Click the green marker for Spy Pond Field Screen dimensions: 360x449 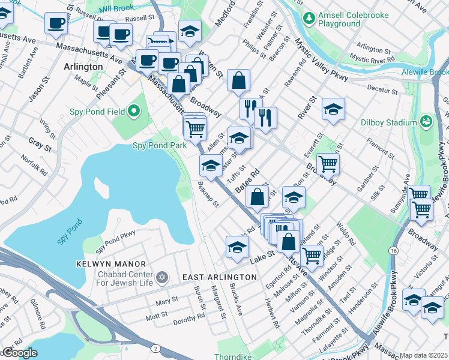133,111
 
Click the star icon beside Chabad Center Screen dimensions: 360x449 161,277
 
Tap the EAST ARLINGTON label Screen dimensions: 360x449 219,277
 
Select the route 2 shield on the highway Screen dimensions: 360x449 156,348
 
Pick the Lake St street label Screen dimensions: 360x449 262,254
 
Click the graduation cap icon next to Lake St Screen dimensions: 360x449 237,246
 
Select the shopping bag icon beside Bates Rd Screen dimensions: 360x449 257,196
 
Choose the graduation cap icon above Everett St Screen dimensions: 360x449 333,109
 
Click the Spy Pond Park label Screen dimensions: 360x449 155,146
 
